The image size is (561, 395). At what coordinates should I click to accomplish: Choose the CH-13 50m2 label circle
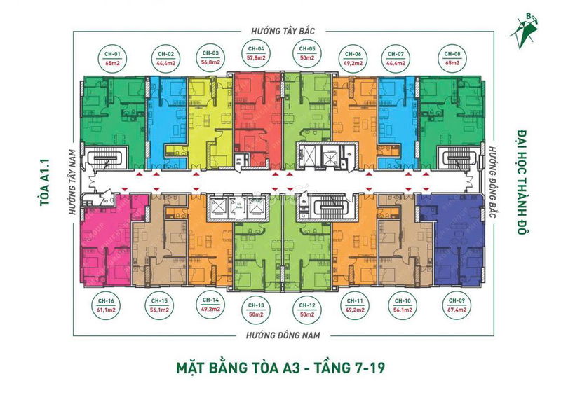pyautogui.click(x=255, y=309)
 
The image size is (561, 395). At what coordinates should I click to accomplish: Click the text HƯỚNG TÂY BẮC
pyautogui.click(x=281, y=32)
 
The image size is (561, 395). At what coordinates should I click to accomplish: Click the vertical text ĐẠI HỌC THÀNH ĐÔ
pyautogui.click(x=523, y=182)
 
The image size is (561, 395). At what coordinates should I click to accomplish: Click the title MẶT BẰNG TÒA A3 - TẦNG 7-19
pyautogui.click(x=280, y=367)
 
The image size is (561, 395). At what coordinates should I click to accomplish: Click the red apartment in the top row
pyautogui.click(x=256, y=116)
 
